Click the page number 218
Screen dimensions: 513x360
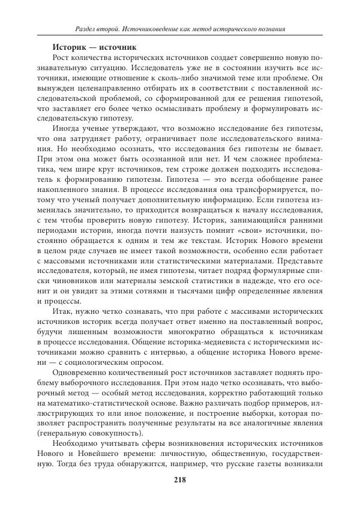179,479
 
